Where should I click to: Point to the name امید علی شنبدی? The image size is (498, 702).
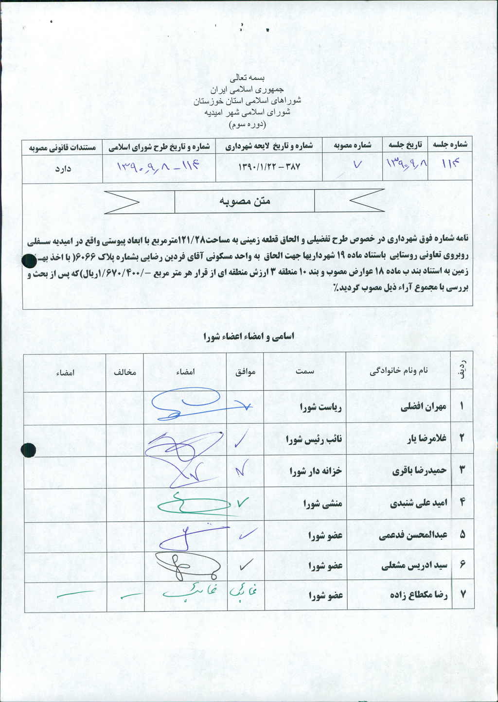pos(418,504)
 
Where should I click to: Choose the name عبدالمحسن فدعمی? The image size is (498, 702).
pos(413,535)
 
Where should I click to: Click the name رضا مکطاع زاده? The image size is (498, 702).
pos(419,595)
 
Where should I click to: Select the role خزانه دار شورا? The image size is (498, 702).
pos(316,471)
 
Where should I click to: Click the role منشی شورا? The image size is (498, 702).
pos(323,504)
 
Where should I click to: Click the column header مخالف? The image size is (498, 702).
pos(125,372)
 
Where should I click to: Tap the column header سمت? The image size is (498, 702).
pos(305,371)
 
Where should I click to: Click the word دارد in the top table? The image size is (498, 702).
pos(63,168)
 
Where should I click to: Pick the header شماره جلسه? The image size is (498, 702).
pos(450,144)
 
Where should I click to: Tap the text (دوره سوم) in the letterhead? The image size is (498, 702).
pos(247,124)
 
